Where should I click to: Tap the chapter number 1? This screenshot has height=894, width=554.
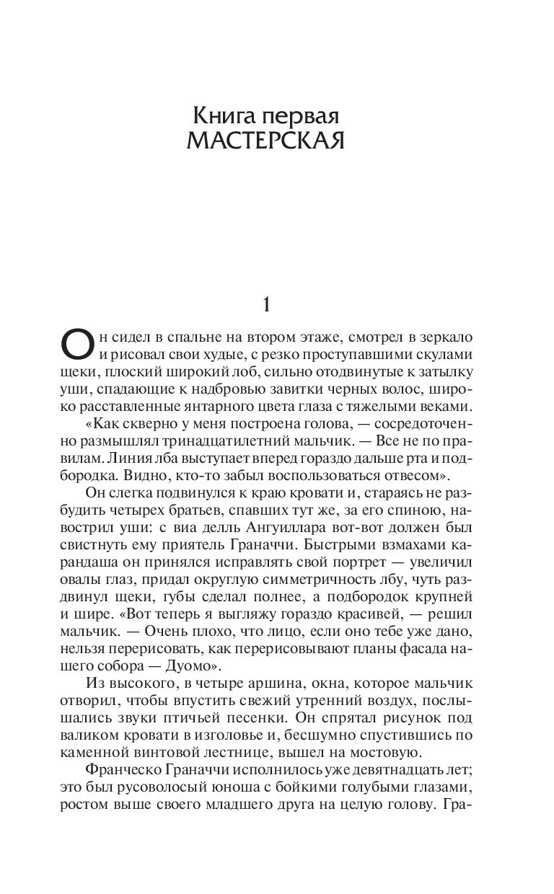(x=265, y=306)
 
